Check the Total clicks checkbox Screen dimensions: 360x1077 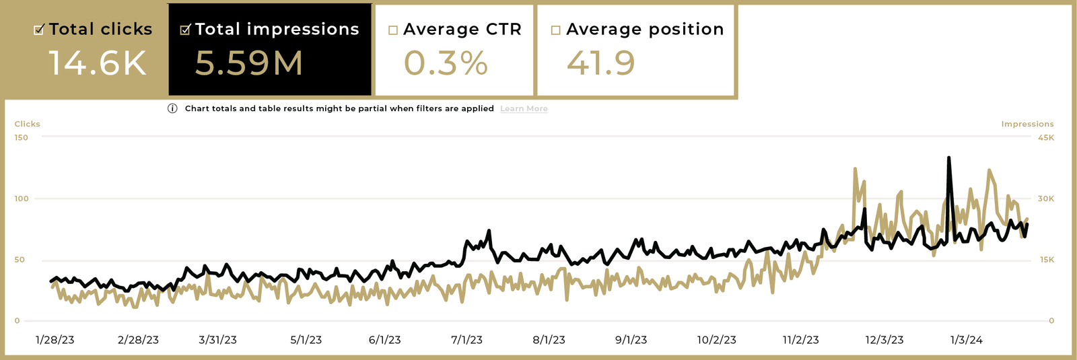point(39,30)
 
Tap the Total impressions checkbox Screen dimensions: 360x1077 point(185,30)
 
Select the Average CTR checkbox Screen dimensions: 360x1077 point(393,30)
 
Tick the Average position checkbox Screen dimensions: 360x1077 point(555,30)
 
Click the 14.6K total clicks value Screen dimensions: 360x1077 point(98,63)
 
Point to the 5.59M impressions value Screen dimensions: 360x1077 point(249,63)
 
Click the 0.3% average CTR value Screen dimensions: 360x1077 point(446,63)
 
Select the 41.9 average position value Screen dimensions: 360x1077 point(600,63)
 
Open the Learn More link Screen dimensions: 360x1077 point(524,109)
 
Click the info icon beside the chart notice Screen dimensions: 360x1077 point(172,108)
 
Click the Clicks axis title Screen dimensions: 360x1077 point(28,124)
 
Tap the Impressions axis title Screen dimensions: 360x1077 point(1027,124)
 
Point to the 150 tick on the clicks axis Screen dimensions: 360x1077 point(22,138)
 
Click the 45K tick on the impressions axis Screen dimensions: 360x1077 point(1046,138)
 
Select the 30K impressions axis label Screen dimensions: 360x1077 point(1046,199)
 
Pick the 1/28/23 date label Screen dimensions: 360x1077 point(55,340)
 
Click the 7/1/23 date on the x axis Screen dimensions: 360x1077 point(466,340)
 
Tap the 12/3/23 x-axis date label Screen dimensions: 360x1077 point(884,340)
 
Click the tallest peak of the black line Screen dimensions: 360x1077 point(948,158)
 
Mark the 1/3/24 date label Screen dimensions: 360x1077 point(966,340)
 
